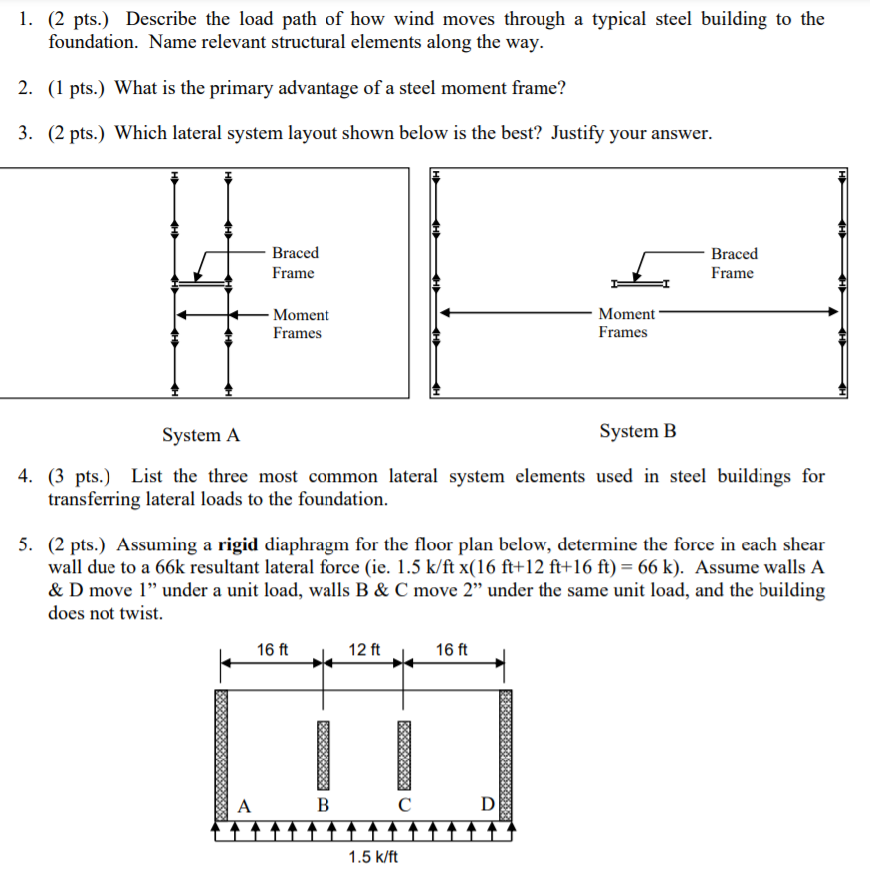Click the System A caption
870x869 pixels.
[x=201, y=435]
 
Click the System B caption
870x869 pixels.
[x=638, y=431]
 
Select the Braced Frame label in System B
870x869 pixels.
[x=734, y=263]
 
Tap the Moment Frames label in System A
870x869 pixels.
[x=300, y=324]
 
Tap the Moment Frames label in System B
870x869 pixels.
[x=626, y=323]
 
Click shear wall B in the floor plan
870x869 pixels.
[x=323, y=752]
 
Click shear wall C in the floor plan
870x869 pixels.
[x=403, y=752]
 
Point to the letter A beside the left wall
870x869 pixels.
[x=242, y=804]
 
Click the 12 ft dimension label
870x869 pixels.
[x=363, y=650]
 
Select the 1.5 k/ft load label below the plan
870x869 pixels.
[x=373, y=857]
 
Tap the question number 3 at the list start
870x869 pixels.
[x=25, y=133]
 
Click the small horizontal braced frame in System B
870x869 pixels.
[x=639, y=284]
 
